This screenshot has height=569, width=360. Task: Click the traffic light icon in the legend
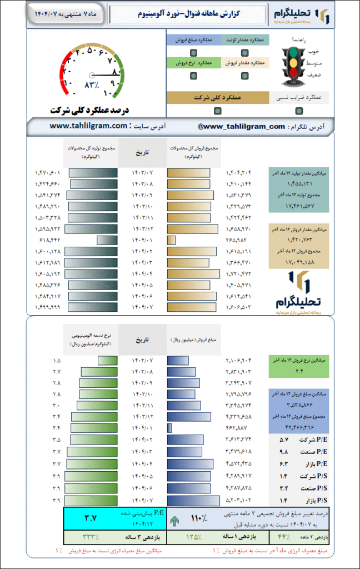pos(293,64)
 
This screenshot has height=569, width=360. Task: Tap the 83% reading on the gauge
pos(91,85)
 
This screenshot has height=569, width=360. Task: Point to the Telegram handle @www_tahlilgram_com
pos(241,127)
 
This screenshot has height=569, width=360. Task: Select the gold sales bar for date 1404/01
pos(171,240)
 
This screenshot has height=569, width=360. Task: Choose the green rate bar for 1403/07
pos(107,361)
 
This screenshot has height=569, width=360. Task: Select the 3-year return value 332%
pos(91,537)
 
